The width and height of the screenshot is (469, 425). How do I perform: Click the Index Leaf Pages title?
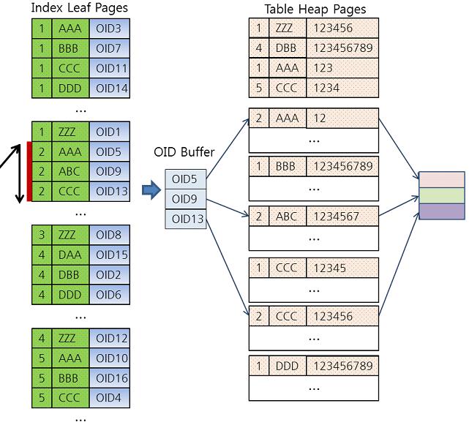pos(79,8)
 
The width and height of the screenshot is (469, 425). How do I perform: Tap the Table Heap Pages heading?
pos(315,9)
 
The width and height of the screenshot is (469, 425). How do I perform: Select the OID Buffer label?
pos(184,152)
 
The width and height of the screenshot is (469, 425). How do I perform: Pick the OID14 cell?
pos(110,87)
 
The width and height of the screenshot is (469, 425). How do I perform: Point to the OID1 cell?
pos(110,132)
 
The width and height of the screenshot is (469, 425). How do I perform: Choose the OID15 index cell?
pos(110,255)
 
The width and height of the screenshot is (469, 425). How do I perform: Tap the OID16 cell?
pos(110,378)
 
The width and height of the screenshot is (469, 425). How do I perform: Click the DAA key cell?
pos(71,255)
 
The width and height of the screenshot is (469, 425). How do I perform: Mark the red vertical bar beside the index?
pos(29,172)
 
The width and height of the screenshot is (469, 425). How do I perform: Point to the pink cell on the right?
pos(441,179)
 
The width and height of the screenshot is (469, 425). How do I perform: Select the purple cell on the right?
pos(441,211)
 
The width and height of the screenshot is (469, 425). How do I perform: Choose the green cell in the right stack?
pos(441,195)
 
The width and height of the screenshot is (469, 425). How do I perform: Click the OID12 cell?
pos(110,338)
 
